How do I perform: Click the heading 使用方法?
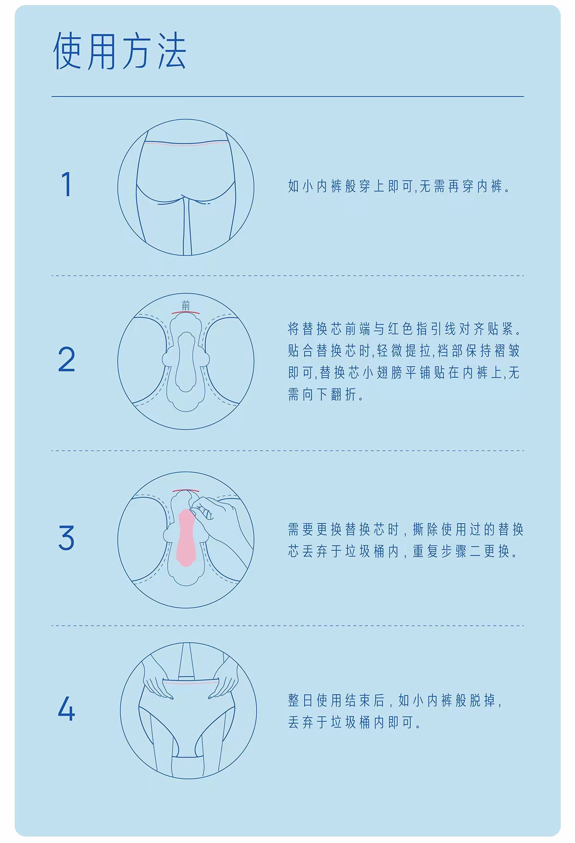pyautogui.click(x=119, y=51)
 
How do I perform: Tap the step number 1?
pyautogui.click(x=67, y=185)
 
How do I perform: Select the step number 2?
pyautogui.click(x=67, y=359)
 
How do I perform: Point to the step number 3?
pyautogui.click(x=67, y=537)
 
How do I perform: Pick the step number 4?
pyautogui.click(x=67, y=708)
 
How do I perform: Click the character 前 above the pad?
pyautogui.click(x=186, y=305)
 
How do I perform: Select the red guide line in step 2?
pyautogui.click(x=186, y=312)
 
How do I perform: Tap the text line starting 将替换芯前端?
pyautogui.click(x=404, y=329)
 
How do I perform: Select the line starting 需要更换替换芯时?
pyautogui.click(x=405, y=530)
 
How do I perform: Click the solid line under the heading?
pyautogui.click(x=287, y=96)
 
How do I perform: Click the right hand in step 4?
pyautogui.click(x=222, y=681)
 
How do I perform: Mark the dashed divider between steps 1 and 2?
pyautogui.click(x=287, y=276)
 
